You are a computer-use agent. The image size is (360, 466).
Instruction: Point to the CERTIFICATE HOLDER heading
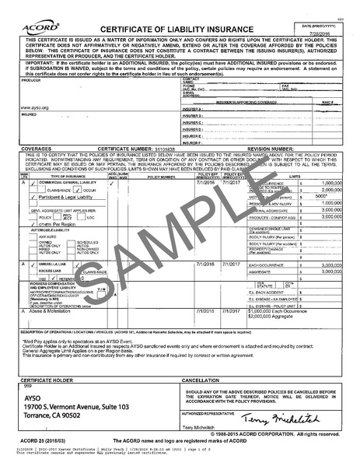pyautogui.click(x=45, y=380)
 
